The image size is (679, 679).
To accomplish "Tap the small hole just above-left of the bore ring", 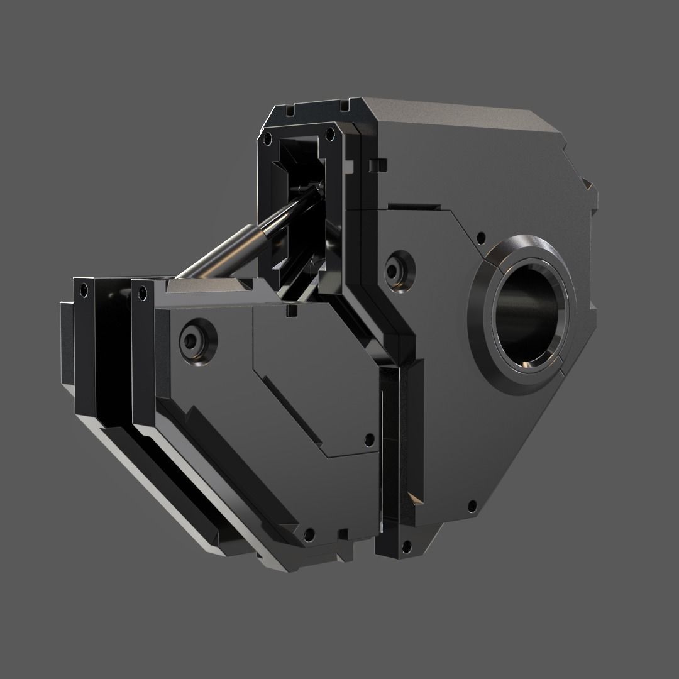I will [x=481, y=238].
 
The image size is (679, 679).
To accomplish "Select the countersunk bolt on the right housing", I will [x=397, y=271].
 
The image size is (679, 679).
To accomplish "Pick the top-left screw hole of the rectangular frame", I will [x=268, y=136].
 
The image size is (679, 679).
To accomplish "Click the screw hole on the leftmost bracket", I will [x=81, y=292].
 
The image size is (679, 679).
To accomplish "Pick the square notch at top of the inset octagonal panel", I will [x=290, y=310].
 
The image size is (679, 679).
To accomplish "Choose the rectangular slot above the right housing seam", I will [x=413, y=206].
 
